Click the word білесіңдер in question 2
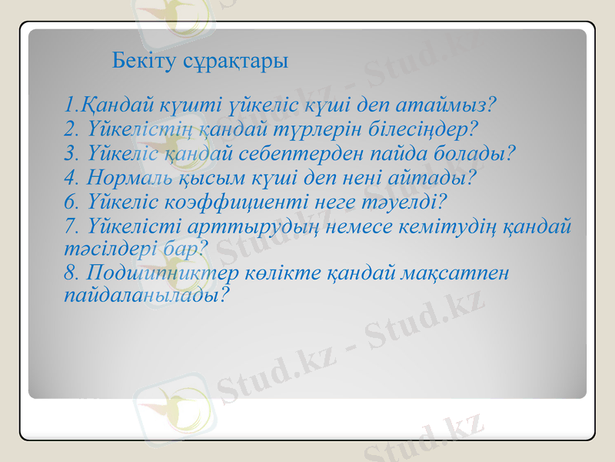421,127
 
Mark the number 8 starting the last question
71,273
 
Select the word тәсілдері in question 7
101,248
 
